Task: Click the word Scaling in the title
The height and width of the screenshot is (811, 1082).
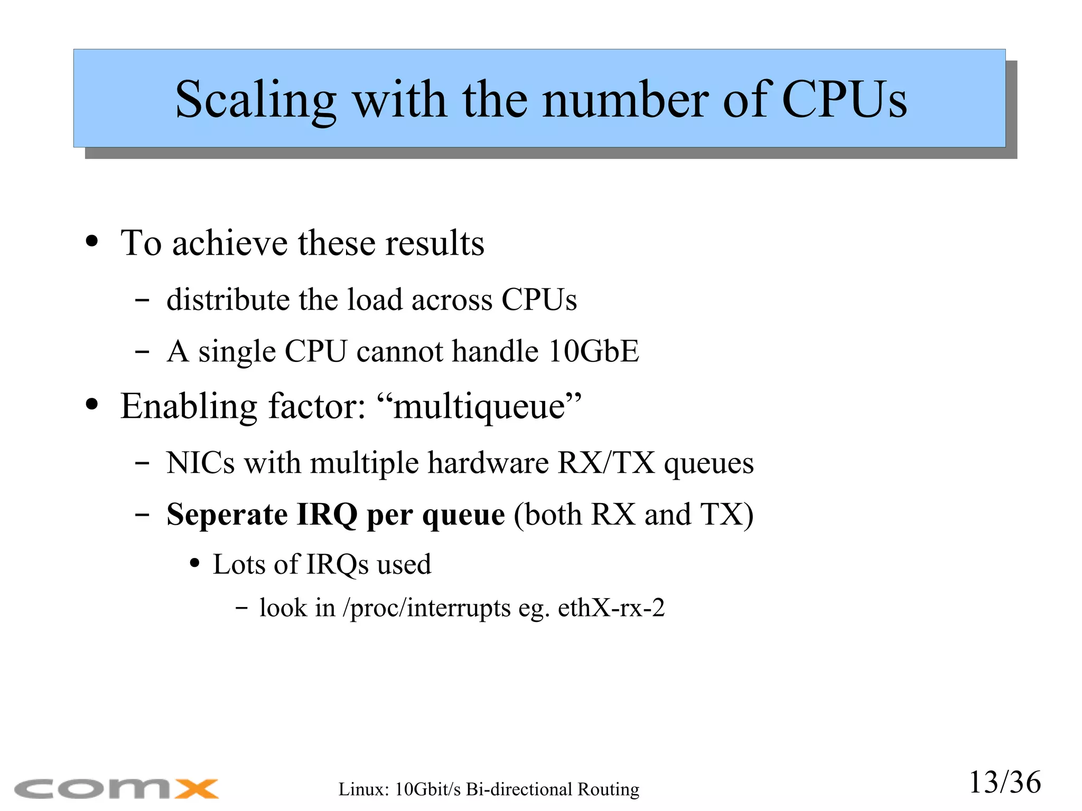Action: [x=255, y=100]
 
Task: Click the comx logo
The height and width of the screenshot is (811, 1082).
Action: [x=116, y=789]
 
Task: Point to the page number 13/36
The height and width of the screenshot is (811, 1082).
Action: [x=1004, y=782]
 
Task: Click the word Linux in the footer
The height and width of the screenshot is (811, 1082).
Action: [x=363, y=789]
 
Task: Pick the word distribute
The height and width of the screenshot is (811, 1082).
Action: [x=228, y=300]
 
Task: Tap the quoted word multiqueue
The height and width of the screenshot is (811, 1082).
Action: [x=480, y=407]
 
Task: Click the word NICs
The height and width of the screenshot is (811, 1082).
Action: [x=200, y=463]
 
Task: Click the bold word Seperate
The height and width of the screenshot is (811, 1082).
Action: [x=227, y=515]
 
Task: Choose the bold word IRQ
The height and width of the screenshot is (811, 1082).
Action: [x=327, y=515]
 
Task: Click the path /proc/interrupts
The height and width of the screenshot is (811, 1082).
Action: [x=427, y=608]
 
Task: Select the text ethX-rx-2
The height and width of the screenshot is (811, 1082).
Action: [x=611, y=608]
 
